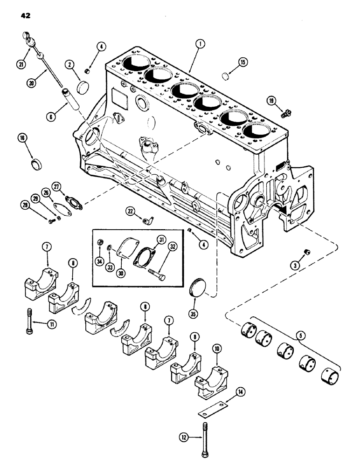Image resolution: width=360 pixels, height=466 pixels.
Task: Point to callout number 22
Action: coord(132,212)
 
